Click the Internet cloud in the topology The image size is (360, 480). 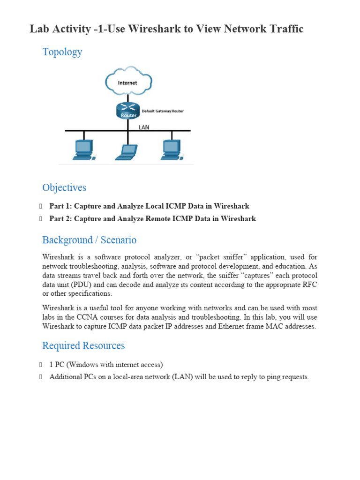[x=127, y=82]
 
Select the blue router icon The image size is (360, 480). [x=127, y=111]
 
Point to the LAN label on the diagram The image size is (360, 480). [x=144, y=127]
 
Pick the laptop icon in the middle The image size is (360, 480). [x=126, y=151]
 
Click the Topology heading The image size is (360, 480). [x=62, y=52]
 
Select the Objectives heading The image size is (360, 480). [x=64, y=187]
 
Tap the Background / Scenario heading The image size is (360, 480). [x=89, y=240]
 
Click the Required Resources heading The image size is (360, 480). [x=83, y=345]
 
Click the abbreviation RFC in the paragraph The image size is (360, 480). [x=310, y=285]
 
